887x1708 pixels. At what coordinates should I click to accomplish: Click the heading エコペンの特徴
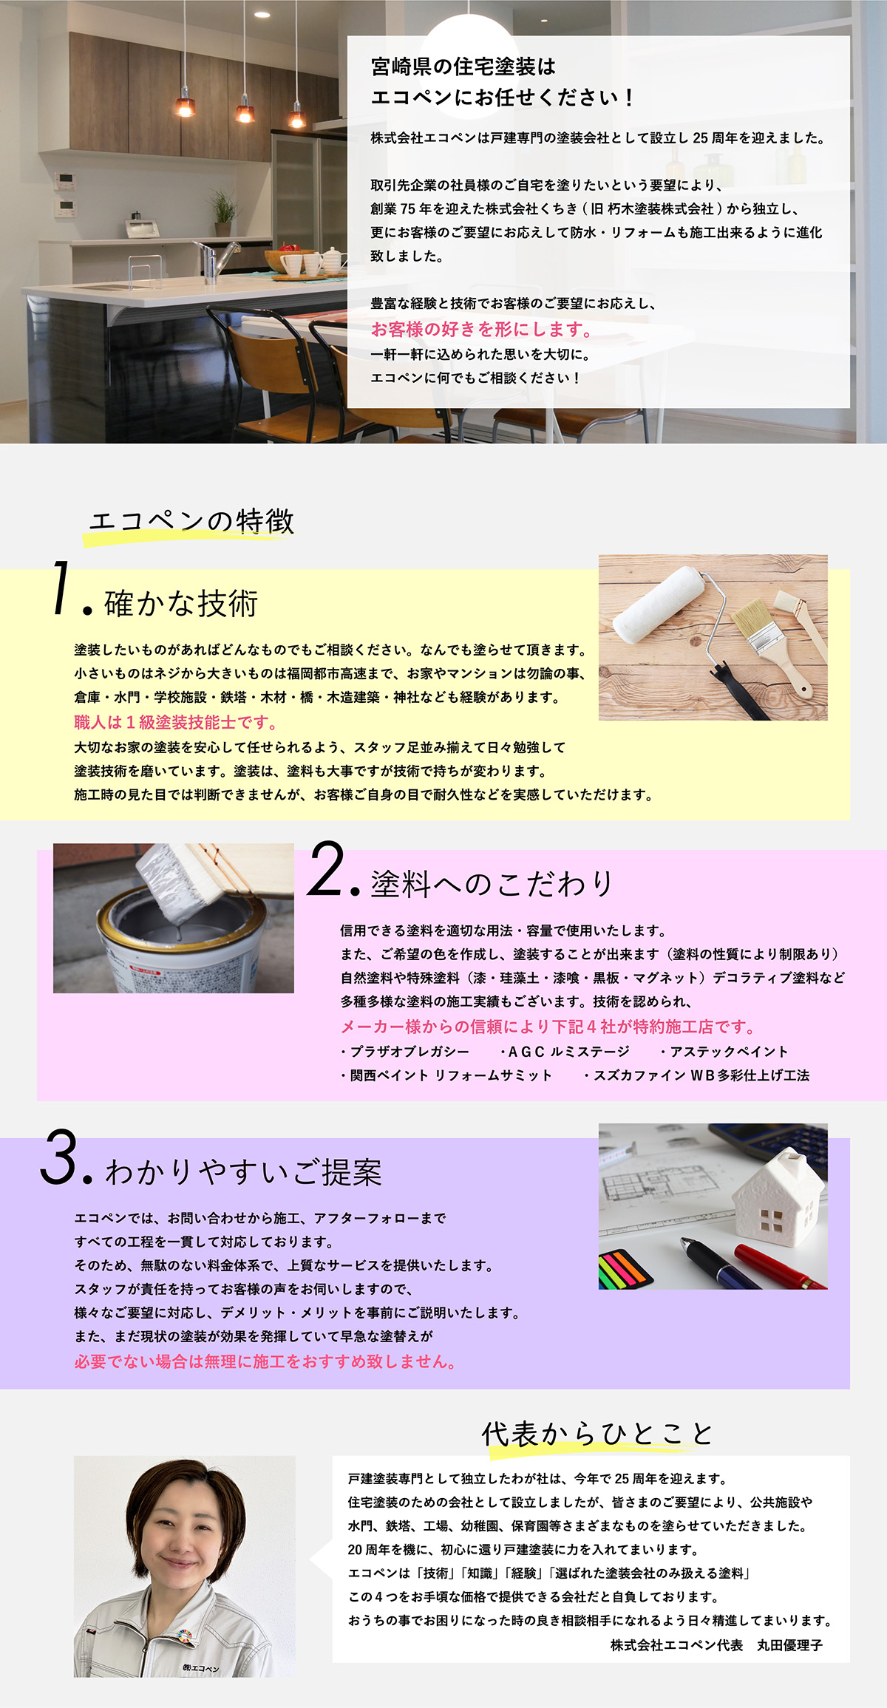(x=191, y=521)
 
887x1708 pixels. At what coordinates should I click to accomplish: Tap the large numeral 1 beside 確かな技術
(x=64, y=587)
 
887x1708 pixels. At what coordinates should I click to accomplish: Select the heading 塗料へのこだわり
(x=492, y=883)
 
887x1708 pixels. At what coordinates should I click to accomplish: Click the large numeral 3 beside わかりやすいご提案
(x=58, y=1157)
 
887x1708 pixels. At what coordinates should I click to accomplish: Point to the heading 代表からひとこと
(x=597, y=1434)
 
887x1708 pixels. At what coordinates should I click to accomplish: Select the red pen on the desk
(x=779, y=1267)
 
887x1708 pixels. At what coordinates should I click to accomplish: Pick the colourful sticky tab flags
(x=623, y=1269)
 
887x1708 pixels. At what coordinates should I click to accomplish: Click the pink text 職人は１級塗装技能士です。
(x=176, y=722)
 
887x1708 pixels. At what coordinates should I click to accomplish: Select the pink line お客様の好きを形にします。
(x=481, y=329)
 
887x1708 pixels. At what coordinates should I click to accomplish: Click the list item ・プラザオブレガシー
(x=405, y=1051)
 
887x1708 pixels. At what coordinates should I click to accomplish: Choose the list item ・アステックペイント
(x=724, y=1051)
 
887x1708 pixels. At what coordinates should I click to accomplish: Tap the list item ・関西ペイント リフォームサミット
(x=446, y=1075)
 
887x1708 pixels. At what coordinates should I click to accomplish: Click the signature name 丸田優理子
(x=789, y=1645)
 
